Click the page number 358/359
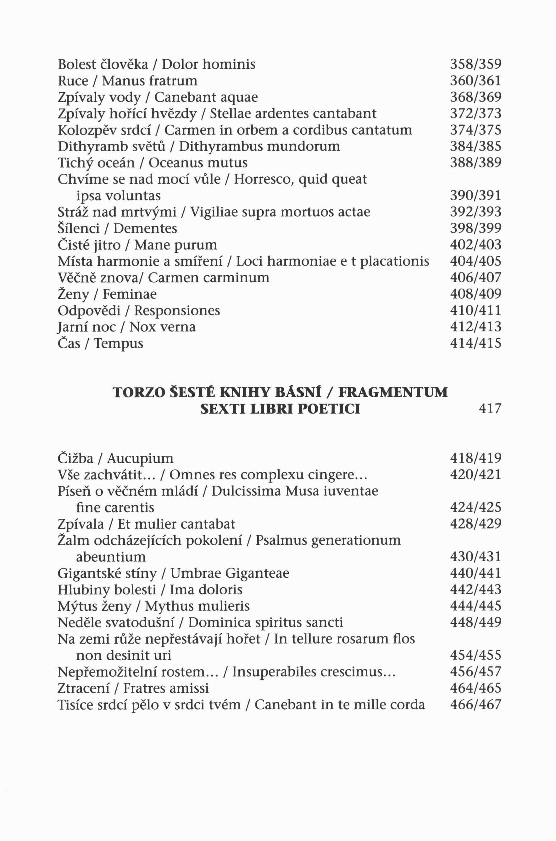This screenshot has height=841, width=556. (x=475, y=64)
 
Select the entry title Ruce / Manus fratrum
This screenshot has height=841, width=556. (x=127, y=81)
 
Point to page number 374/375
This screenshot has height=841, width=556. (x=475, y=130)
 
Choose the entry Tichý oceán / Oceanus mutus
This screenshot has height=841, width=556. (x=153, y=163)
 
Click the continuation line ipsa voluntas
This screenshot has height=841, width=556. (x=119, y=196)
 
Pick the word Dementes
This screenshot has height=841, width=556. (x=145, y=228)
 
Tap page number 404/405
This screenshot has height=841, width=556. (x=475, y=261)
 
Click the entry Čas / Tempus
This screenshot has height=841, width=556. (x=100, y=343)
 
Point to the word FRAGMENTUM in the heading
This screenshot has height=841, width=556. (x=393, y=393)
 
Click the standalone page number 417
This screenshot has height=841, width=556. (x=490, y=409)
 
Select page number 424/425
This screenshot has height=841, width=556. (x=475, y=508)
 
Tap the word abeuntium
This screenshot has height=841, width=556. (x=111, y=557)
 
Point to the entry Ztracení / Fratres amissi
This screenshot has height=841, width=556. (x=133, y=688)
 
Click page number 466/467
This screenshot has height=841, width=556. (x=475, y=705)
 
